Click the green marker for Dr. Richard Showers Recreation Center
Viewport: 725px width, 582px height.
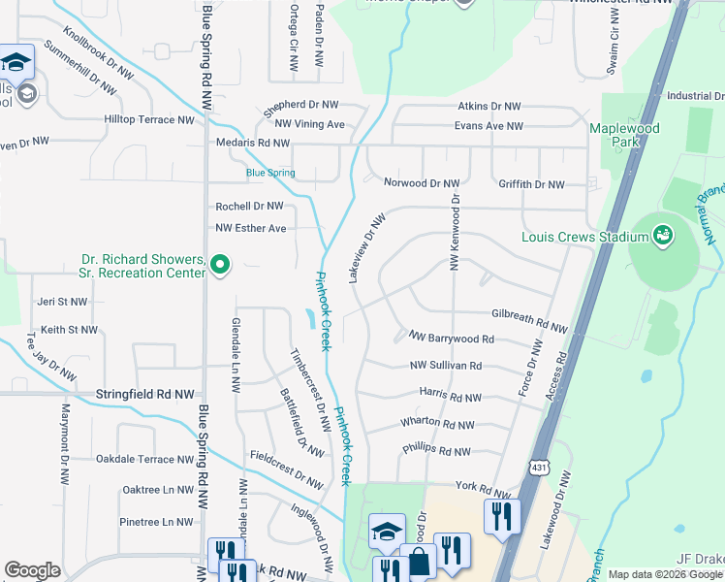[x=220, y=264]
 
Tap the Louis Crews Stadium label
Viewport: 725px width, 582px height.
[x=584, y=237]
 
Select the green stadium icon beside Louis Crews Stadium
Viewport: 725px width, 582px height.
[x=663, y=235]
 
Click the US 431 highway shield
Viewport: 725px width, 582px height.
[x=538, y=469]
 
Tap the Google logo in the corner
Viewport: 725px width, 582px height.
[x=32, y=570]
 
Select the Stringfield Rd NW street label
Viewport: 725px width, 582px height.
[x=144, y=396]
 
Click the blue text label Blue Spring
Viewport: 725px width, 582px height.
[x=270, y=174]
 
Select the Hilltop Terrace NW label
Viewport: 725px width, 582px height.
[x=149, y=119]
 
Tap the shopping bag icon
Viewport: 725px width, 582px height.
[x=421, y=562]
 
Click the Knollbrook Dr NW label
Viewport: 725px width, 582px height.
[x=98, y=48]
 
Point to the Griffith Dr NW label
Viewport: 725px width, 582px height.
[x=530, y=184]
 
